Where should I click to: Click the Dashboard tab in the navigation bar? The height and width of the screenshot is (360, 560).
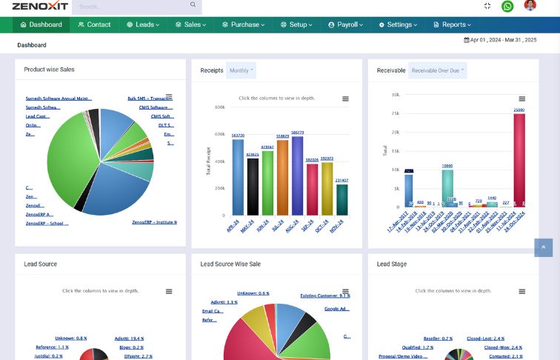pyautogui.click(x=41, y=24)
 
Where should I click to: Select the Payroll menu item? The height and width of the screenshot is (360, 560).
pyautogui.click(x=347, y=24)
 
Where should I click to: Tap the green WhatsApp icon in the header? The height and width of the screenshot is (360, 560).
pyautogui.click(x=507, y=6)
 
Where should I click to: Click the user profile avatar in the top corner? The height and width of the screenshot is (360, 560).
pyautogui.click(x=530, y=5)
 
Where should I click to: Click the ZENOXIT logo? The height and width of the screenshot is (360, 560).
pyautogui.click(x=40, y=6)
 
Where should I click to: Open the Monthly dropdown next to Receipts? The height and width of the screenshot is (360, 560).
pyautogui.click(x=241, y=70)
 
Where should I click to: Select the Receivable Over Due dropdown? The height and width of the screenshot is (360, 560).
pyautogui.click(x=438, y=70)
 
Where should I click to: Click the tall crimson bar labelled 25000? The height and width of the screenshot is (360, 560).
pyautogui.click(x=519, y=159)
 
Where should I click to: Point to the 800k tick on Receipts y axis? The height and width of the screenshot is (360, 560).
pyautogui.click(x=219, y=107)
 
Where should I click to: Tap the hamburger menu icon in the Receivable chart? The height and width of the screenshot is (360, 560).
pyautogui.click(x=522, y=99)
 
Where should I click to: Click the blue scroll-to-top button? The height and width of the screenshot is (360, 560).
pyautogui.click(x=543, y=247)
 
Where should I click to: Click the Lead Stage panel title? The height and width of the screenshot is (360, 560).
pyautogui.click(x=392, y=264)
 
